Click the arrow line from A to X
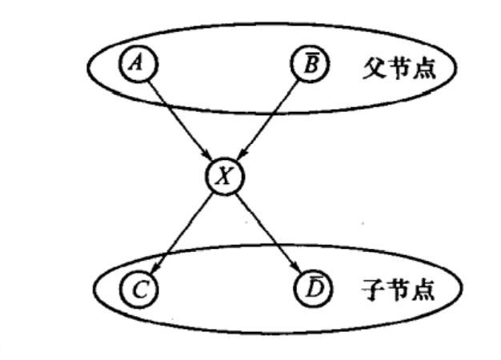180,119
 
